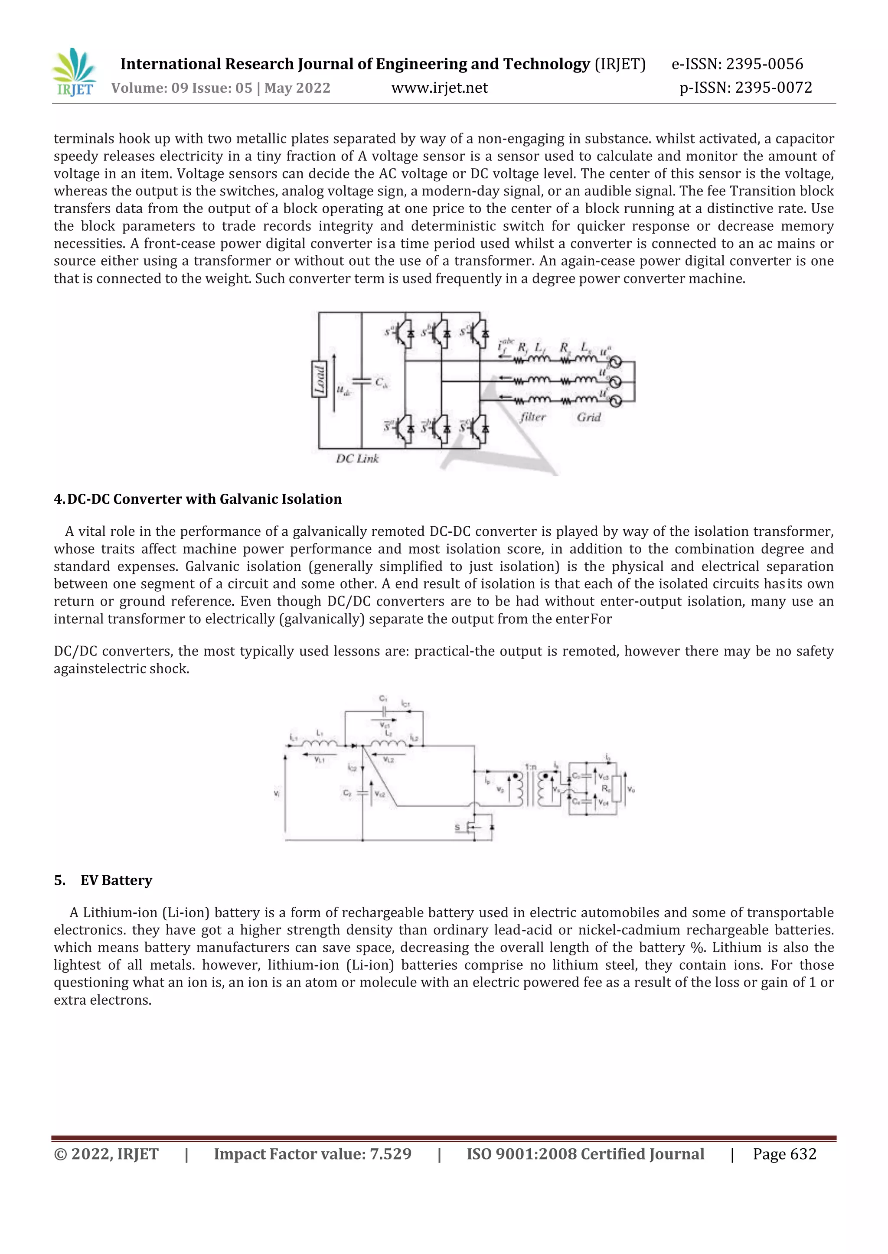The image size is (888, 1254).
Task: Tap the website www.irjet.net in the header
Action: tap(439, 88)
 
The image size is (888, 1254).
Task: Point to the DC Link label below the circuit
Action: tap(357, 459)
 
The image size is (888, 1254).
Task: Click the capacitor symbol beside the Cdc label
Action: tap(362, 381)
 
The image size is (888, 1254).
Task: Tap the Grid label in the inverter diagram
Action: tap(589, 417)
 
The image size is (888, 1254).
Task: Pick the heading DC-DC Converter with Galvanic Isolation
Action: tap(198, 499)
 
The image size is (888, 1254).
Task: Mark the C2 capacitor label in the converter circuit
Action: tap(347, 793)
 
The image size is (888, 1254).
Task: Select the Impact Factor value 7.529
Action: tap(390, 1154)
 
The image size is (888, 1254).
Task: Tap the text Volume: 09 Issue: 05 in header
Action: tap(182, 88)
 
